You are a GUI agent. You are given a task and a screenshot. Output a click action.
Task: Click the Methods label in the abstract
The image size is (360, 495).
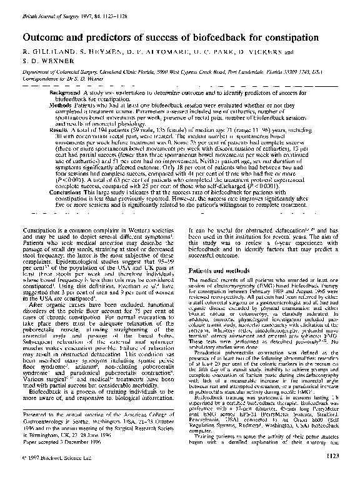(x=63, y=106)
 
